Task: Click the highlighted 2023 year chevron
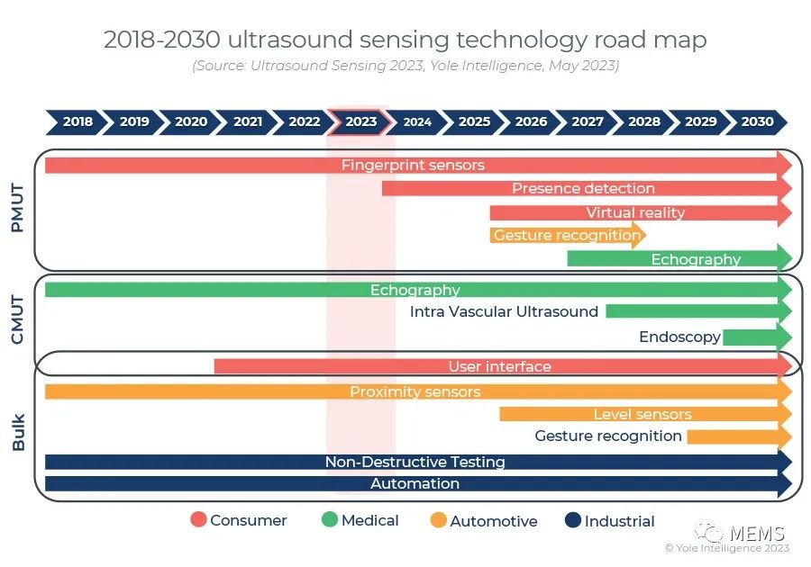point(360,121)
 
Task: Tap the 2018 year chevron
point(77,121)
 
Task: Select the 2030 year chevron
point(758,121)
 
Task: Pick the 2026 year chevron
point(531,121)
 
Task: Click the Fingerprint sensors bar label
point(413,166)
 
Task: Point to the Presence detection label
point(583,189)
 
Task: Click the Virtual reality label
point(635,213)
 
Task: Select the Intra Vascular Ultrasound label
point(504,312)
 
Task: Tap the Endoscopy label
point(679,337)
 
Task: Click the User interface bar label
point(499,367)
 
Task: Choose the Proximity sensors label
point(415,392)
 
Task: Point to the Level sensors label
point(642,415)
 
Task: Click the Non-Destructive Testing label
point(415,463)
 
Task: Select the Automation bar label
point(415,484)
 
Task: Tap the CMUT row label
point(17,319)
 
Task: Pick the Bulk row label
point(17,432)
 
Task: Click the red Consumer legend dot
point(198,520)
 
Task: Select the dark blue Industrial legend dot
point(572,520)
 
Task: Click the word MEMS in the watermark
point(757,533)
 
